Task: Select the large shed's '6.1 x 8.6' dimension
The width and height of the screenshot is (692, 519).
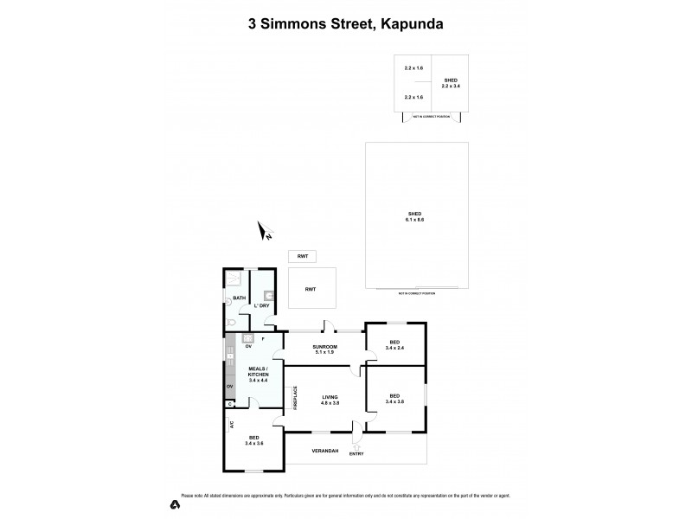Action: (x=415, y=220)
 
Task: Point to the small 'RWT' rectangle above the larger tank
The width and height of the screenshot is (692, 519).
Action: (x=304, y=256)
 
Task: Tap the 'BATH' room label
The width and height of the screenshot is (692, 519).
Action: (x=240, y=298)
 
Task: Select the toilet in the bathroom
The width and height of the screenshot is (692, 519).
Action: (x=229, y=322)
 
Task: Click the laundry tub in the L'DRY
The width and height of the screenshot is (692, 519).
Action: (x=269, y=295)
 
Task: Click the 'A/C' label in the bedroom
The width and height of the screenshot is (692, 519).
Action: (x=232, y=425)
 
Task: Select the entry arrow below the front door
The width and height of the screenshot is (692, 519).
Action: (x=356, y=447)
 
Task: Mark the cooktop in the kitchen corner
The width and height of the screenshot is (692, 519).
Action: (x=247, y=339)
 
